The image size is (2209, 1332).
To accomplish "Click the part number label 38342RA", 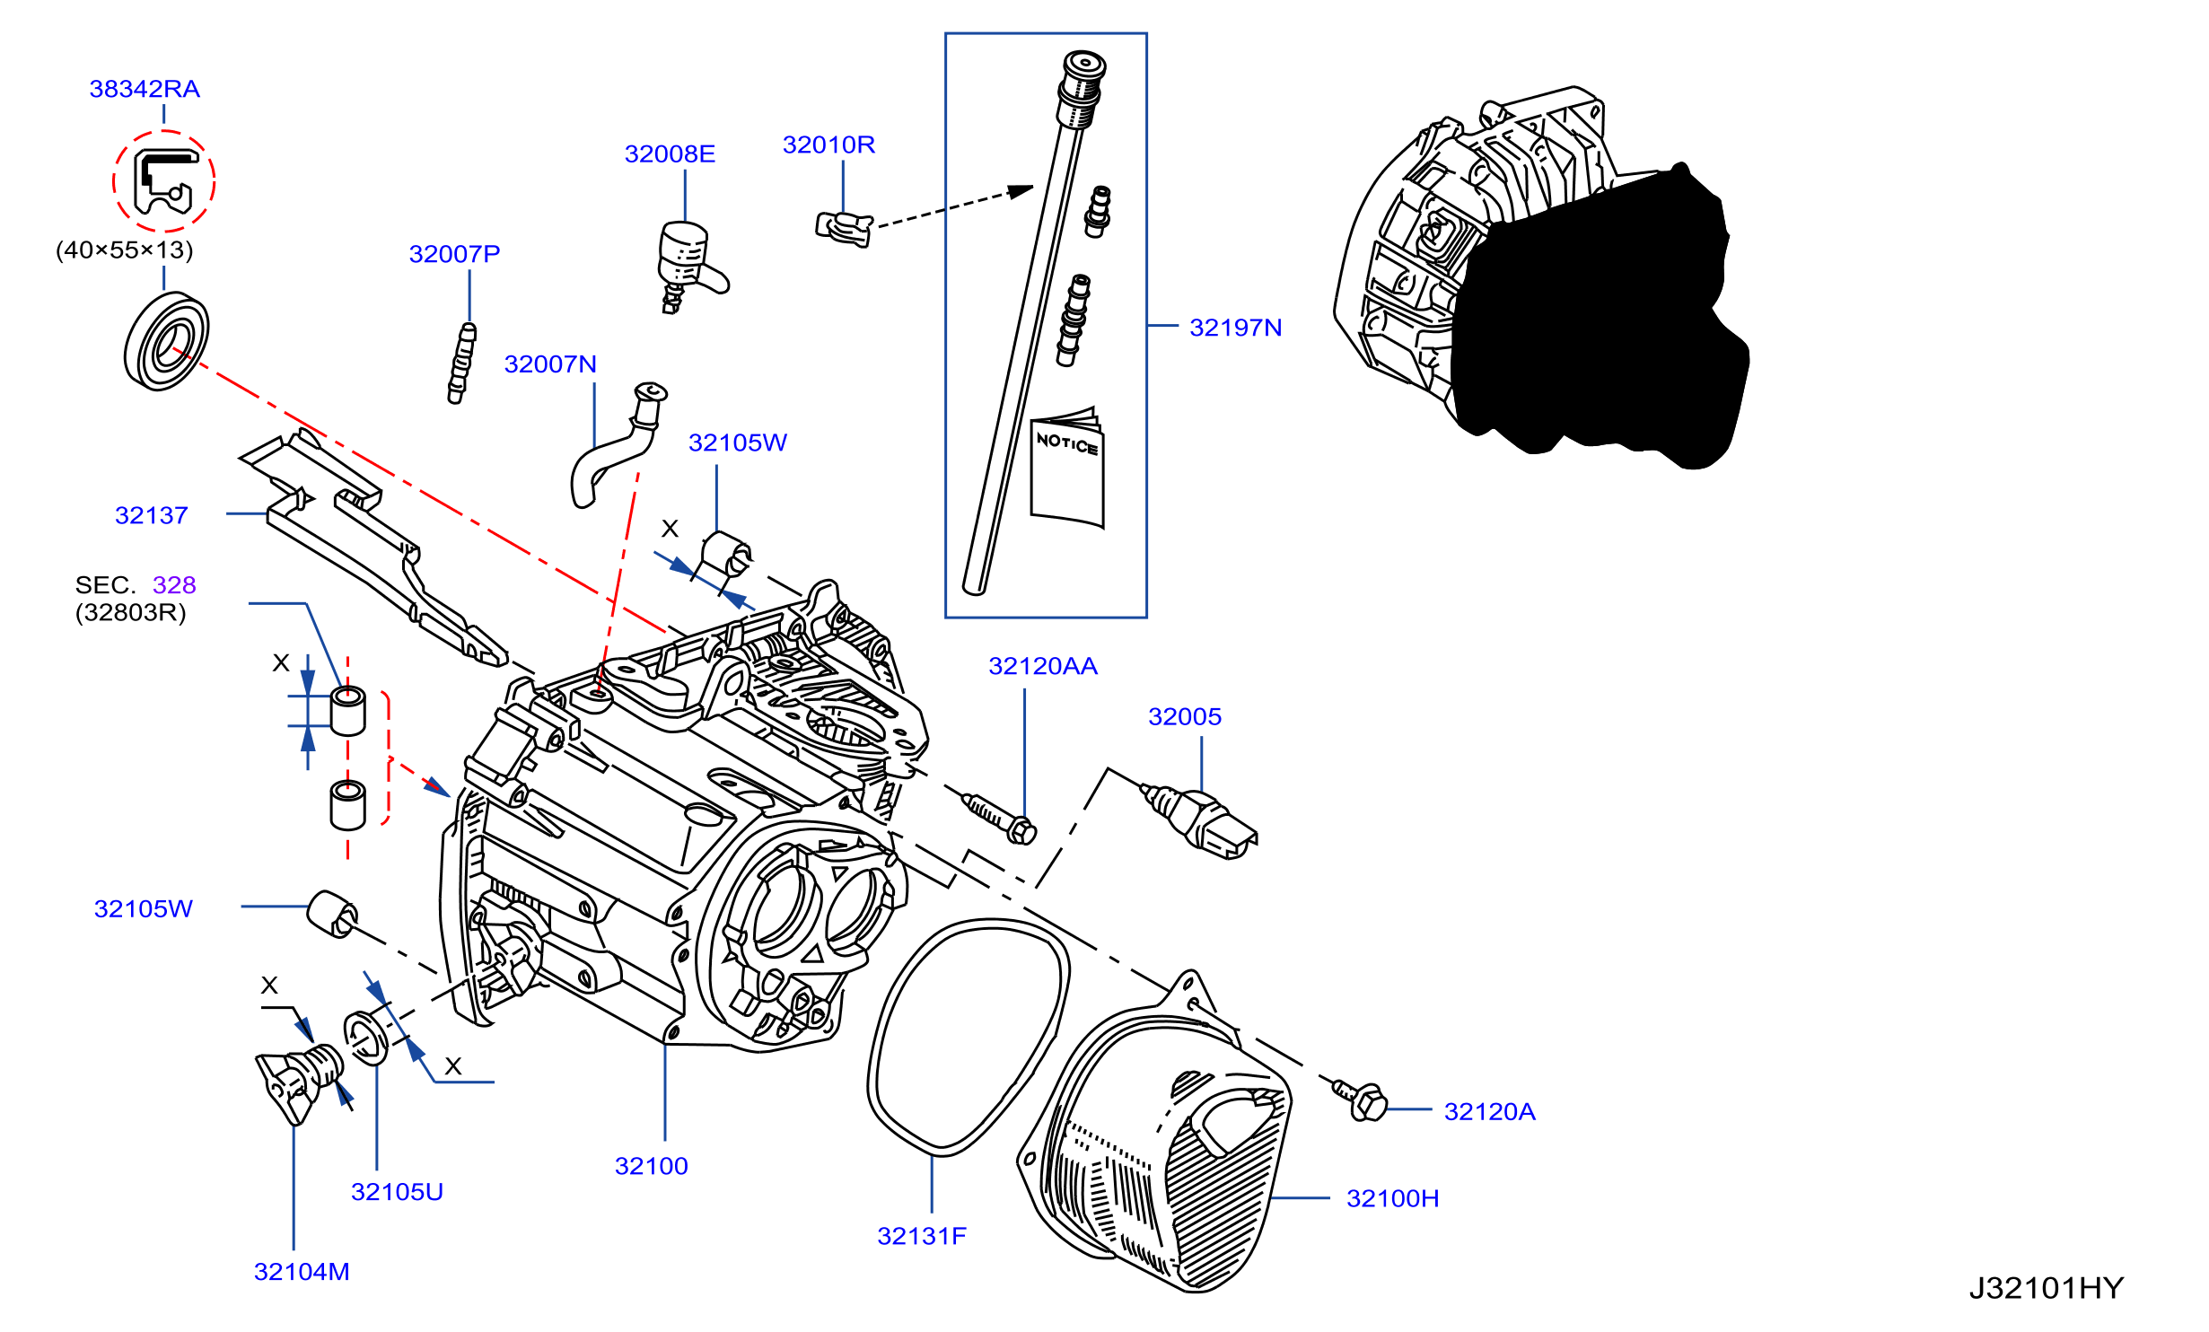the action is (145, 89).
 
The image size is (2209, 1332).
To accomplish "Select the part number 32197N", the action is (1235, 328).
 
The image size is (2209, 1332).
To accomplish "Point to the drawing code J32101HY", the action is (2047, 1289).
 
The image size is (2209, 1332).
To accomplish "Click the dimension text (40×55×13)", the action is (125, 250).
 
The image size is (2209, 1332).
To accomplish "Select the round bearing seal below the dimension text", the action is (166, 341).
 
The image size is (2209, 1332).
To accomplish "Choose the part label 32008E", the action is (670, 154).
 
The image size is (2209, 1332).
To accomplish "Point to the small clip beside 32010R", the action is (844, 228).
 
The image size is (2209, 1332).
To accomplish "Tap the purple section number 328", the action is (174, 585).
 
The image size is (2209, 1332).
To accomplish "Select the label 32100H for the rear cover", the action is (1392, 1198).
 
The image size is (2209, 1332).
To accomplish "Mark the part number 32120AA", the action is (1043, 666).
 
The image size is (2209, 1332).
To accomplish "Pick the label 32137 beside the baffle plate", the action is (152, 515).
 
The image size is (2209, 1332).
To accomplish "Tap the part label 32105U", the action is (397, 1192).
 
